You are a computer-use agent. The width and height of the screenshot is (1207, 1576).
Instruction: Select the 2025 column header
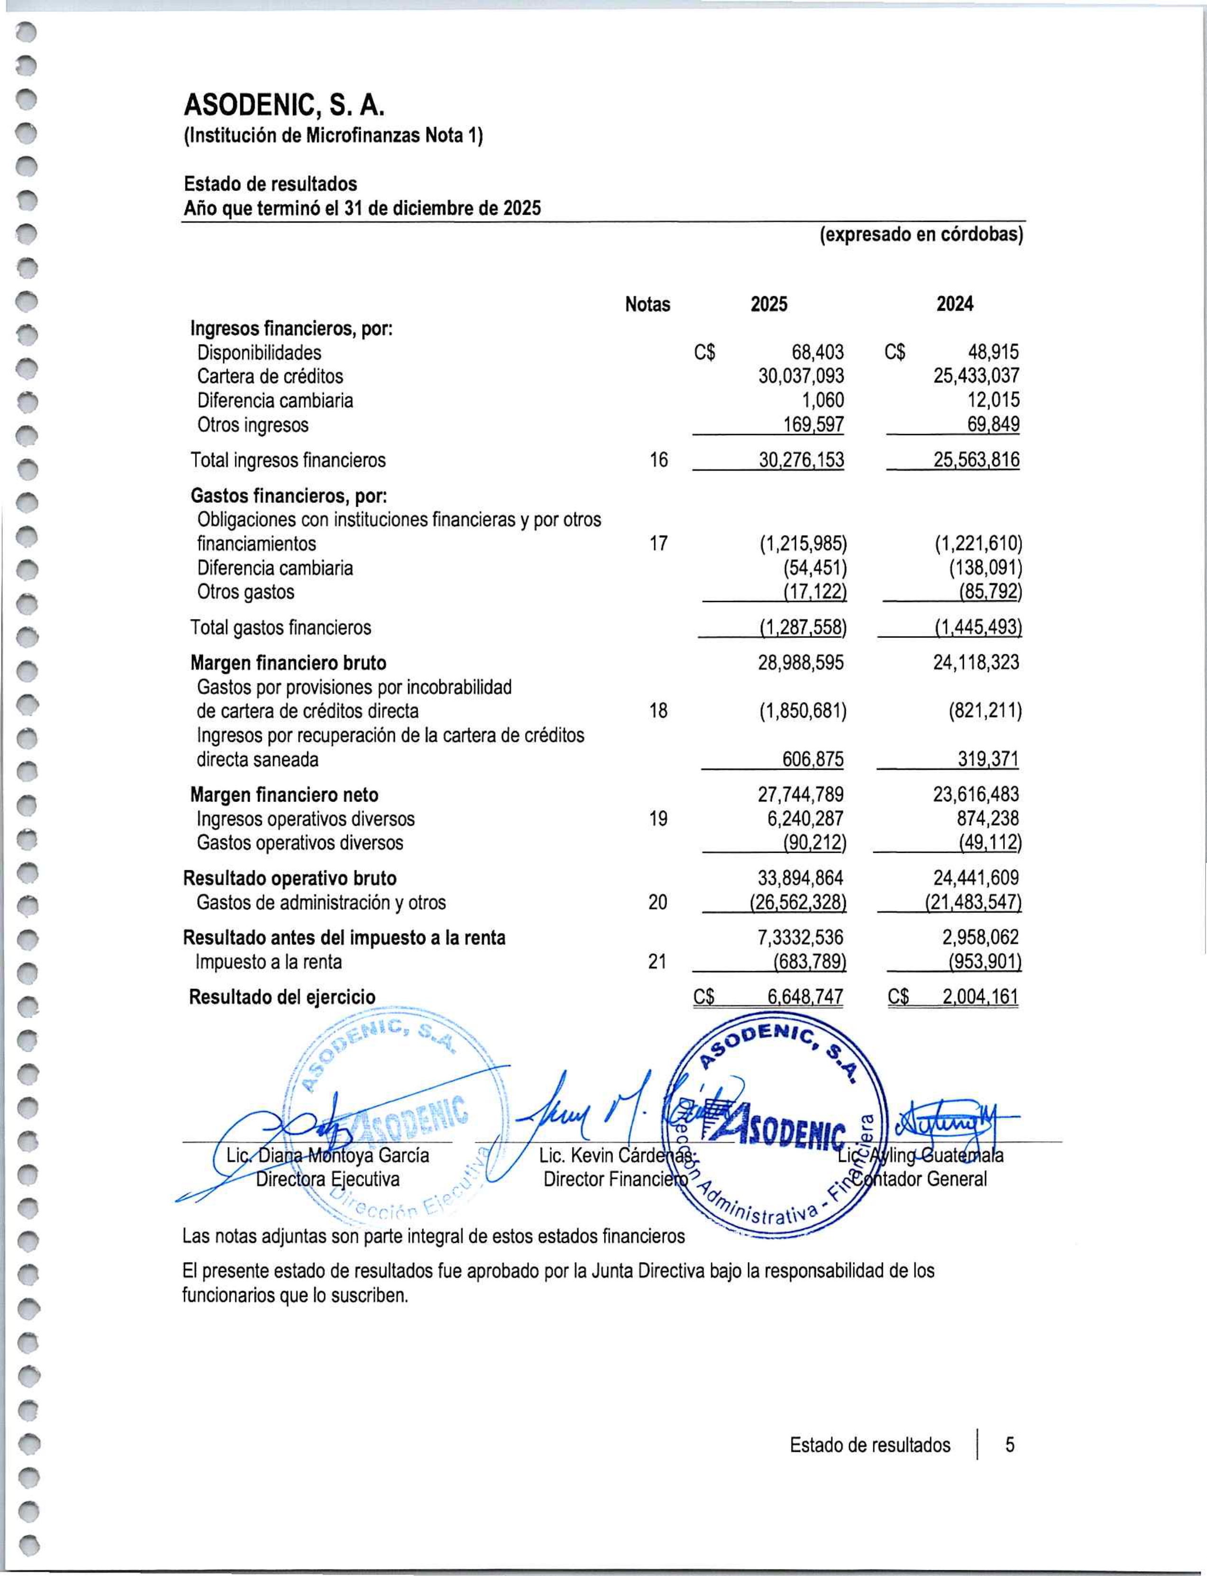click(x=769, y=305)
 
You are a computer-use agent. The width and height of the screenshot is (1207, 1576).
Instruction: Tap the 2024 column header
click(x=955, y=305)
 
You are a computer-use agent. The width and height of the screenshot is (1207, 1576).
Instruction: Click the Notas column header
click(x=647, y=305)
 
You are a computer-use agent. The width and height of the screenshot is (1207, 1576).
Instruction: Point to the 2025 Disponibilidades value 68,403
click(x=818, y=353)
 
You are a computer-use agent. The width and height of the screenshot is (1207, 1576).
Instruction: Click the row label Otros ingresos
click(x=253, y=425)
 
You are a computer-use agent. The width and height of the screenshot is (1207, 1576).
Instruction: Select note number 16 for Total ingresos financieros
click(x=658, y=460)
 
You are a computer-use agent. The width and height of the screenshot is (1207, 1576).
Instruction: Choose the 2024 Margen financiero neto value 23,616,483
click(x=976, y=794)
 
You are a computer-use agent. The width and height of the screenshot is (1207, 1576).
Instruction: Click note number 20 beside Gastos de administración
click(x=658, y=902)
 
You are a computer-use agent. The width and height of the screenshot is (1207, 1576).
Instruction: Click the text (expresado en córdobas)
click(x=921, y=235)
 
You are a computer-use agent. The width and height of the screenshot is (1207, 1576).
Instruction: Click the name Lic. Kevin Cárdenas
click(x=616, y=1156)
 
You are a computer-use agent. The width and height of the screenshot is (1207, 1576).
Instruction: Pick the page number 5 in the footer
click(x=1009, y=1445)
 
